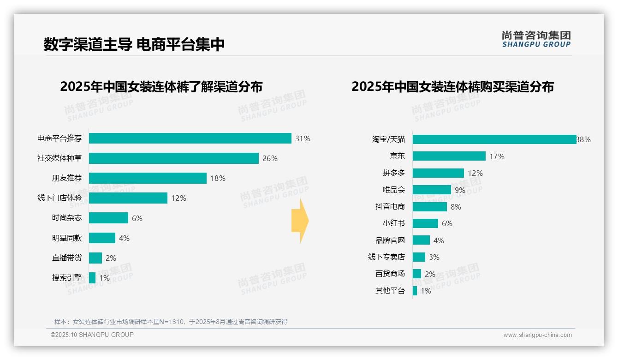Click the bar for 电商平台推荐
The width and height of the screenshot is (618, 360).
[190, 138]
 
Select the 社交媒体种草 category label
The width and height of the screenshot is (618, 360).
[59, 158]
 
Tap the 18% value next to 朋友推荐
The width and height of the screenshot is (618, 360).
[218, 179]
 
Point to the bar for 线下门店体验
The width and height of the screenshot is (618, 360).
[128, 198]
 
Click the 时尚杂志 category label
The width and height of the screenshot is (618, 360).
[66, 218]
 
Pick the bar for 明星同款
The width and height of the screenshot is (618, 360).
[102, 238]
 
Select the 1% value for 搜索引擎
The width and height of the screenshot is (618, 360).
[104, 278]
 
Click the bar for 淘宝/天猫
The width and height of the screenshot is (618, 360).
[494, 139]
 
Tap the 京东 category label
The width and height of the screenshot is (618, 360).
[397, 156]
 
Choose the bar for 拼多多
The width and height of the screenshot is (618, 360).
[438, 173]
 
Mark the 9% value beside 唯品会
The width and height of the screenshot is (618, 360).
[460, 190]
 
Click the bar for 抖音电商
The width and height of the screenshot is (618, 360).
[429, 207]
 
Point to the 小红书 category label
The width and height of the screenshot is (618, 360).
[393, 223]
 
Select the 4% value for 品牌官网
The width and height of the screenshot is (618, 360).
[439, 240]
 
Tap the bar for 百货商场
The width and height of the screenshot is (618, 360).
[416, 274]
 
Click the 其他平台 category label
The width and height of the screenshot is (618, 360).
[390, 291]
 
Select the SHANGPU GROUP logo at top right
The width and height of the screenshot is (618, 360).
[536, 39]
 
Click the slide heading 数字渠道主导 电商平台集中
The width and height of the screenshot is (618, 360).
[134, 44]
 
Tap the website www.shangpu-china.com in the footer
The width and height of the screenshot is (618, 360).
[537, 335]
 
